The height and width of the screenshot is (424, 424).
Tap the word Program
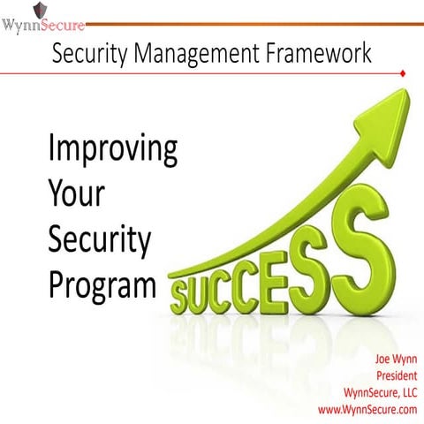(x=97, y=284)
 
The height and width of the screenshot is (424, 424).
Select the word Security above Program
(x=100, y=239)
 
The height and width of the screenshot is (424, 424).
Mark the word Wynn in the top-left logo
(x=19, y=26)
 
